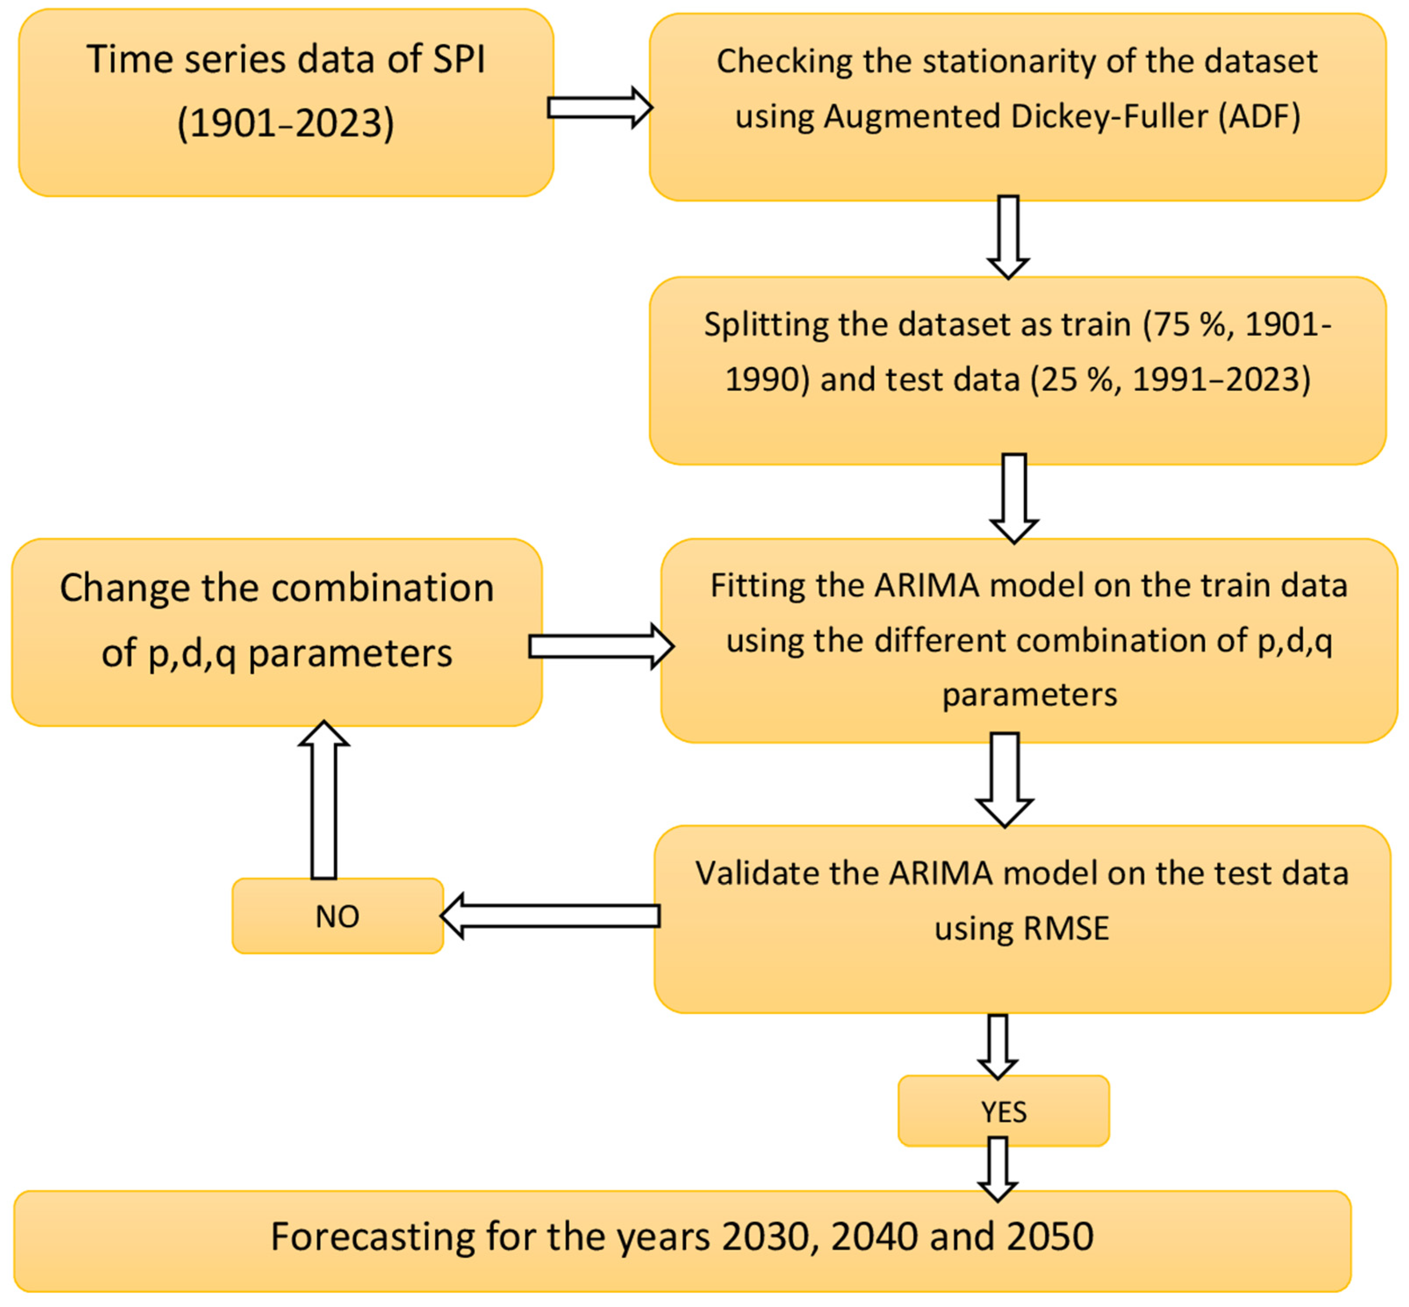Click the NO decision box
(x=337, y=916)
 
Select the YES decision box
(x=1003, y=1112)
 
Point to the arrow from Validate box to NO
(x=550, y=916)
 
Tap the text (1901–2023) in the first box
(x=286, y=123)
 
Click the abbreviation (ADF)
(x=1259, y=116)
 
